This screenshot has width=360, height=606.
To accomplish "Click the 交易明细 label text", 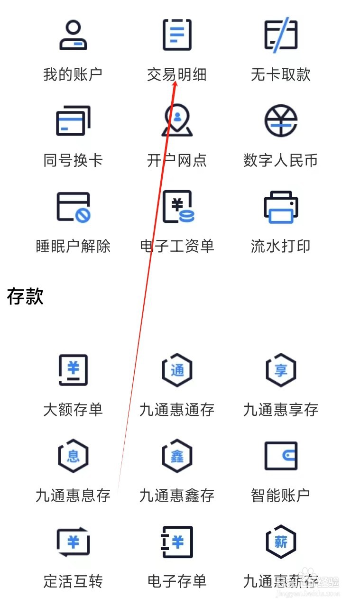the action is pos(176,74).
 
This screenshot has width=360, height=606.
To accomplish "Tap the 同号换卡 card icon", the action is pos(73,120).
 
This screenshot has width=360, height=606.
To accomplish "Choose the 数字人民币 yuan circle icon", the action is pos(280,120).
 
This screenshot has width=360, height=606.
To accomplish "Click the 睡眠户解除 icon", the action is pos(73,207).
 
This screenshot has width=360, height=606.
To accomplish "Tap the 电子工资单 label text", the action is pos(177,246).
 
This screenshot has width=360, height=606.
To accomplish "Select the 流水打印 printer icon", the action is pos(280,207).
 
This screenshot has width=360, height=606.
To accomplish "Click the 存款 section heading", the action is pos(26,296).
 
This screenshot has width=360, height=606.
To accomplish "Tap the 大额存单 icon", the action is pos(73,370).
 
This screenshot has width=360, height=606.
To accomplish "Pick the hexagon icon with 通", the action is pos(177,370).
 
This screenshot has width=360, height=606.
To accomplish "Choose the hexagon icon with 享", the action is pos(280,370).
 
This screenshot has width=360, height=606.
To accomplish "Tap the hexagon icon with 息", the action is pos(73,456).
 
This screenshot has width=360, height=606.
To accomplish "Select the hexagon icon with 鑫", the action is pos(177,456).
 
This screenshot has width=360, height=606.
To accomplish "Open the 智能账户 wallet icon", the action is pos(280,456).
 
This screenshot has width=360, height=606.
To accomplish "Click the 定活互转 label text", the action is pos(73,581).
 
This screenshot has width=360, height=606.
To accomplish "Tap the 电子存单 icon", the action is pos(177,542).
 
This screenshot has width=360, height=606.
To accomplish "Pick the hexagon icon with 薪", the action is pos(280,542).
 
